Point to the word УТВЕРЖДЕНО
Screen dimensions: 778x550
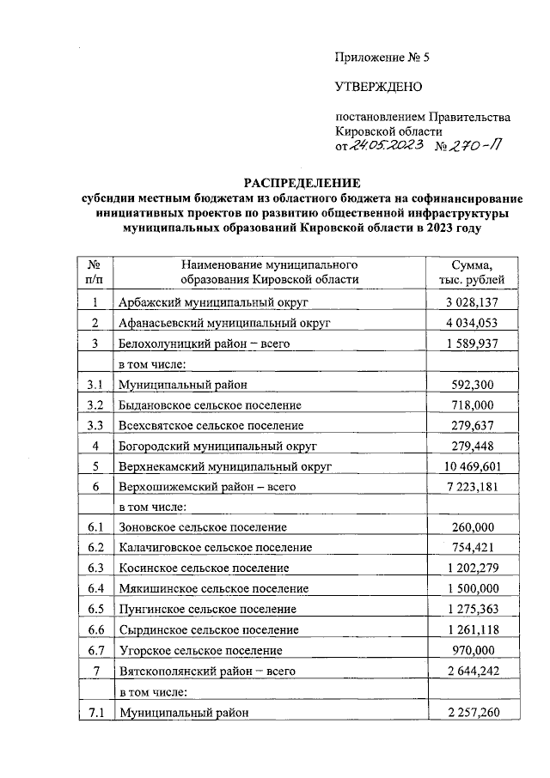pos(377,87)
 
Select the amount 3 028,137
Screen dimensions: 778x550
pos(472,302)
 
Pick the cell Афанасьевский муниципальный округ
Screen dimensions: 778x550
pos(224,323)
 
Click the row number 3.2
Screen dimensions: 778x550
pos(95,404)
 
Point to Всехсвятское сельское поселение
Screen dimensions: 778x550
pos(211,425)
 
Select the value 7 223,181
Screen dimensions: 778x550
pos(472,487)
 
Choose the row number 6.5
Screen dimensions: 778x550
pos(95,609)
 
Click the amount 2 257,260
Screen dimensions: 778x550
pos(472,712)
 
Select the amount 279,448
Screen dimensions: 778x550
pos(472,446)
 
